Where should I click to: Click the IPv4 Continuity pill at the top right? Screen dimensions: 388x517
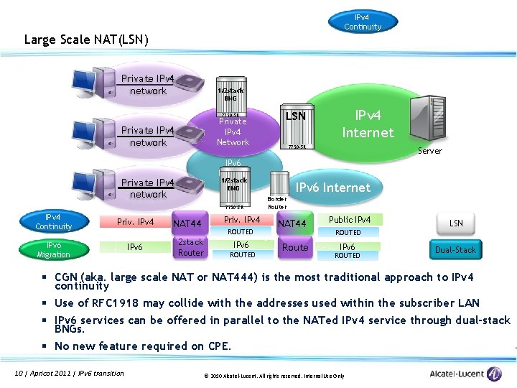pyautogui.click(x=362, y=22)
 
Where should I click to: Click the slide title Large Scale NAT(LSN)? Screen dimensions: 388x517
pyautogui.click(x=86, y=40)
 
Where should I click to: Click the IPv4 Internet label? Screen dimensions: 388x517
pyautogui.click(x=368, y=124)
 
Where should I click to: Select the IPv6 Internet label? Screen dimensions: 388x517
pyautogui.click(x=333, y=188)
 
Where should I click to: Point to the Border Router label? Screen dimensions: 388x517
pyautogui.click(x=276, y=203)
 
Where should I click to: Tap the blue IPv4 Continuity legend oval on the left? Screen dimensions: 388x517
pyautogui.click(x=54, y=221)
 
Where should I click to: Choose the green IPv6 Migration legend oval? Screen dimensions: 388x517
pyautogui.click(x=53, y=249)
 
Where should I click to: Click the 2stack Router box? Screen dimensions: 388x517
pyautogui.click(x=190, y=247)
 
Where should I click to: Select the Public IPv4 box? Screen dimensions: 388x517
pyautogui.click(x=350, y=219)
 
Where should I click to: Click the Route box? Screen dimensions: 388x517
pyautogui.click(x=295, y=247)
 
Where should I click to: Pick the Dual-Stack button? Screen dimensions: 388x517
pyautogui.click(x=455, y=250)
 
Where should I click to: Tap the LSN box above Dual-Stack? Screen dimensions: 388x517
pyautogui.click(x=456, y=223)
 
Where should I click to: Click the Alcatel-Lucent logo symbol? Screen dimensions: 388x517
pyautogui.click(x=494, y=374)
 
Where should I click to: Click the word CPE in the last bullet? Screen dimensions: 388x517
pyautogui.click(x=218, y=346)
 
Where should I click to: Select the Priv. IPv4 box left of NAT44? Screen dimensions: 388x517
pyautogui.click(x=135, y=222)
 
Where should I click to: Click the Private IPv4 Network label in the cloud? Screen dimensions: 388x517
pyautogui.click(x=233, y=131)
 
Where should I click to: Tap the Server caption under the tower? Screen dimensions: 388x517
pyautogui.click(x=430, y=151)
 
